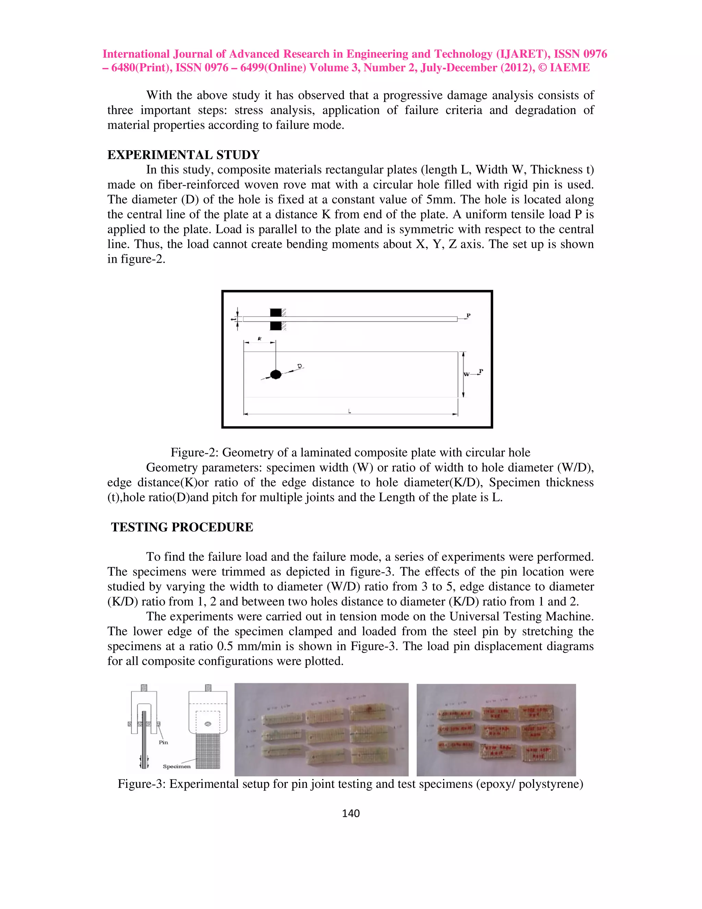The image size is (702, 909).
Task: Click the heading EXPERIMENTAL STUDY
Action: [183, 155]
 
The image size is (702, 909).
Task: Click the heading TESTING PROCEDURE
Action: [182, 527]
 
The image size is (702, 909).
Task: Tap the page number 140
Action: [351, 813]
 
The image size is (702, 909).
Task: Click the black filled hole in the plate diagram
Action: [276, 374]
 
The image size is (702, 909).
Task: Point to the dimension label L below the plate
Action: [350, 411]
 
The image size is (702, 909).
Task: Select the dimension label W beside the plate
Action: [467, 374]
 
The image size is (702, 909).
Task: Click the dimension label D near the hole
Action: [300, 366]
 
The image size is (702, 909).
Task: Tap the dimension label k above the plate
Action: [259, 339]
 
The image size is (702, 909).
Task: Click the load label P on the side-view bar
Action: [468, 316]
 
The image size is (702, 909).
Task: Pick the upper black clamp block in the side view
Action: [276, 312]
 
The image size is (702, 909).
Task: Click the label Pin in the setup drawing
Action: [164, 742]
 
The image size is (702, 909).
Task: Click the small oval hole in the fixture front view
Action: [208, 724]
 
